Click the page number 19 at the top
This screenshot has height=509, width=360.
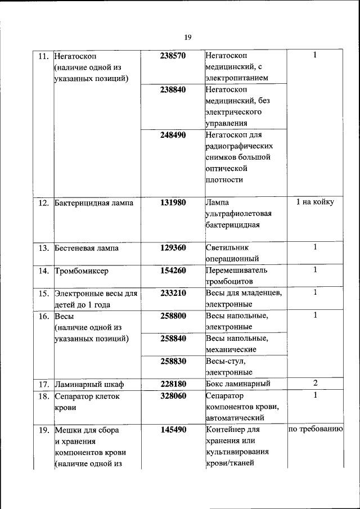pyautogui.click(x=188, y=37)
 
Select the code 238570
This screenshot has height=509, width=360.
pyautogui.click(x=173, y=56)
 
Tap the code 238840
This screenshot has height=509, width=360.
pyautogui.click(x=173, y=89)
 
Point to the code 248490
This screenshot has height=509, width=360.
pyautogui.click(x=173, y=135)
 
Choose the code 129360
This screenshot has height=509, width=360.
pyautogui.click(x=173, y=247)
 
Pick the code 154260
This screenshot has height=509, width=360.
pyautogui.click(x=173, y=271)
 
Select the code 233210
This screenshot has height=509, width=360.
pyautogui.click(x=173, y=293)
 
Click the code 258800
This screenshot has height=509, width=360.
pyautogui.click(x=173, y=316)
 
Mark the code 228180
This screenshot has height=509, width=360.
pyautogui.click(x=173, y=384)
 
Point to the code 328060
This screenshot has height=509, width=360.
pyautogui.click(x=173, y=396)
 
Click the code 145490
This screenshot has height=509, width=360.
pyautogui.click(x=173, y=430)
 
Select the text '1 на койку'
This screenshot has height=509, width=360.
pyautogui.click(x=315, y=202)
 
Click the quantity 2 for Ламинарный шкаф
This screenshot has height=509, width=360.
pyautogui.click(x=315, y=384)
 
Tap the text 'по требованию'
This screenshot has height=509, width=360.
pyautogui.click(x=315, y=430)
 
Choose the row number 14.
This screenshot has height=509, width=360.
pyautogui.click(x=43, y=271)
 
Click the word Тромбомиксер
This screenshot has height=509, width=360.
pyautogui.click(x=81, y=271)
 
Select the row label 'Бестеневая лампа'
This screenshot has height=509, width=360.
pyautogui.click(x=87, y=248)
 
